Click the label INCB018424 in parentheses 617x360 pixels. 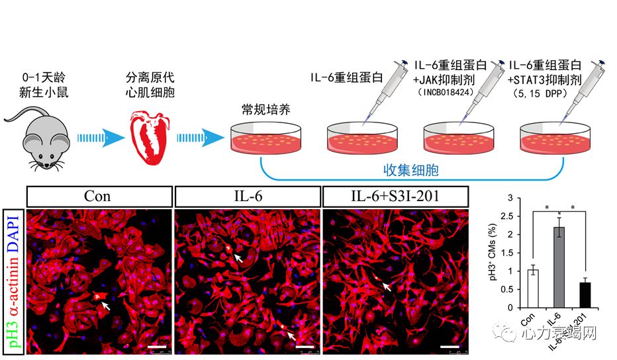click(450, 92)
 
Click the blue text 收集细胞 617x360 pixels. click(412, 170)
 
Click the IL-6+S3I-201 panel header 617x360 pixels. click(395, 197)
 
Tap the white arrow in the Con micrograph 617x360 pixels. click(105, 306)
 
